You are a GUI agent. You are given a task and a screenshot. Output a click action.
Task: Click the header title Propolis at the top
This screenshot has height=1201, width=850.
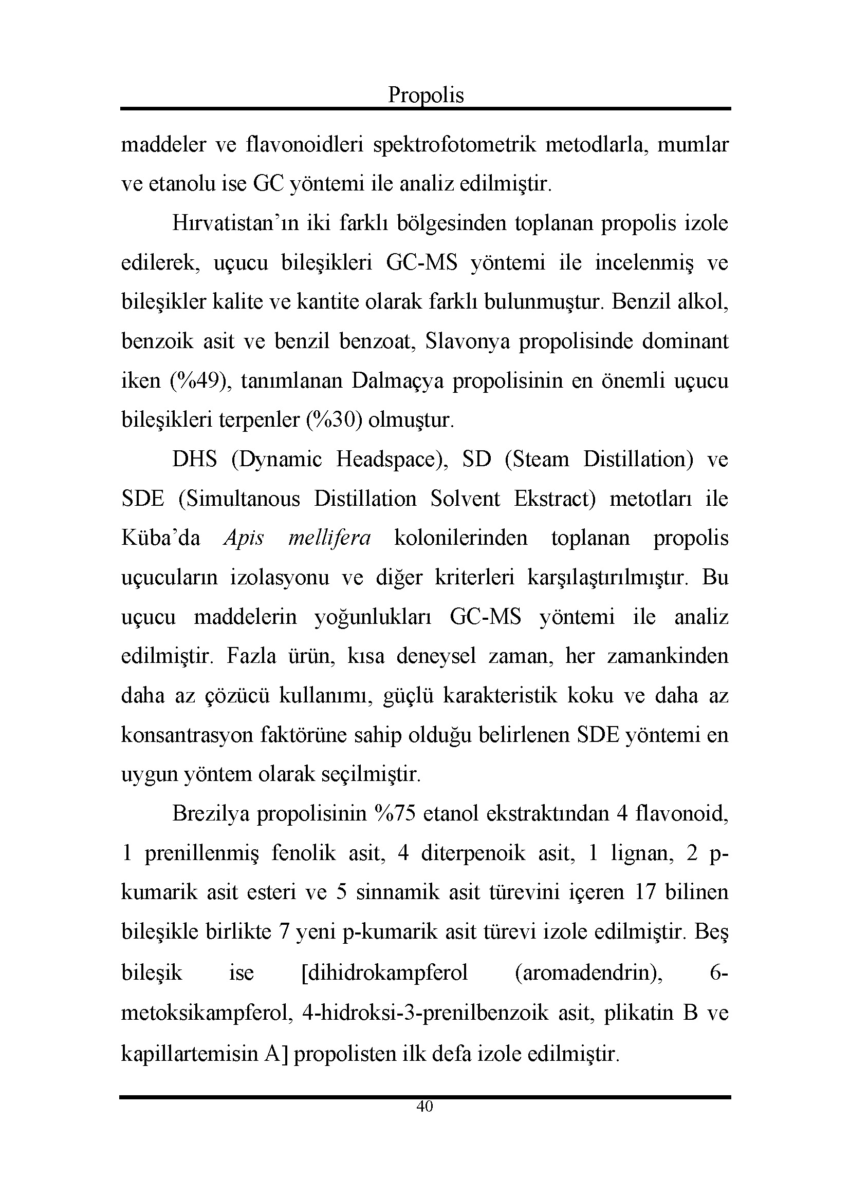click(426, 95)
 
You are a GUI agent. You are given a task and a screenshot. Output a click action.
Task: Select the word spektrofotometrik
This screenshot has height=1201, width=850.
click(454, 144)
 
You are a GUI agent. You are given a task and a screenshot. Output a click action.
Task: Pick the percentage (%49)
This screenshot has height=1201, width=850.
click(201, 381)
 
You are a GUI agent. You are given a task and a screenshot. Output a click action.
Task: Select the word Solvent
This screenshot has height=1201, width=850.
click(465, 499)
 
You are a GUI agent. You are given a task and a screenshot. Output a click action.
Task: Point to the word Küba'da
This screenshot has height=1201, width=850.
click(161, 538)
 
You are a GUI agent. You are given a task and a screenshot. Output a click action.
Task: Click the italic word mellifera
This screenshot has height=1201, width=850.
click(330, 538)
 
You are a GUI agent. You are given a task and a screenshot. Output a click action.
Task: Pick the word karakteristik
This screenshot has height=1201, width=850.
click(500, 696)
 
